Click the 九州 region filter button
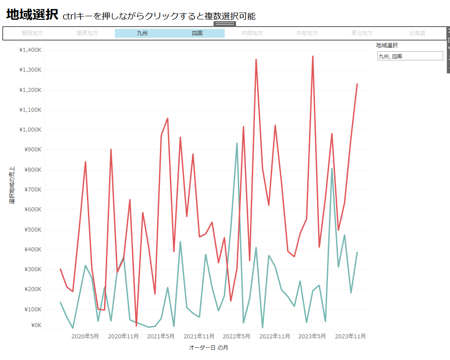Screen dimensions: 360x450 [x=142, y=33]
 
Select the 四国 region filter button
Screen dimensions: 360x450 [x=197, y=33]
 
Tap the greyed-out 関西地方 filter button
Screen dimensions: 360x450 [x=32, y=33]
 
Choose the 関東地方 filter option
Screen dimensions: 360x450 [x=87, y=33]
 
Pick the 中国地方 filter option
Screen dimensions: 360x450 [x=252, y=33]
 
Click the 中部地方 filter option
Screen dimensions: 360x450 [x=307, y=33]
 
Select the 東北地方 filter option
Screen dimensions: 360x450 [x=362, y=33]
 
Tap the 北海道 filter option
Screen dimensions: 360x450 [x=417, y=33]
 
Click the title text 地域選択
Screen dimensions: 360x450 [x=32, y=15]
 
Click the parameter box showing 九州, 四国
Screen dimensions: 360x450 [x=410, y=56]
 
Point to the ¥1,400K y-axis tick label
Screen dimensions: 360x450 [x=30, y=50]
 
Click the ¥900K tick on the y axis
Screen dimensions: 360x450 [x=32, y=150]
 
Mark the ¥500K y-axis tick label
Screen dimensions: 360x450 [x=32, y=229]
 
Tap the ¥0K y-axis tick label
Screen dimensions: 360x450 [x=36, y=325]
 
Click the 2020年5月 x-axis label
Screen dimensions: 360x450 [x=85, y=336]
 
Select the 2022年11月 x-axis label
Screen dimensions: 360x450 [x=275, y=336]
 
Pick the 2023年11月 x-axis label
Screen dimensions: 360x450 [x=350, y=336]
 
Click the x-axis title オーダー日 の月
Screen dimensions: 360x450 [x=208, y=348]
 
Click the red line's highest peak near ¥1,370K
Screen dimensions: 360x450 [x=313, y=57]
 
